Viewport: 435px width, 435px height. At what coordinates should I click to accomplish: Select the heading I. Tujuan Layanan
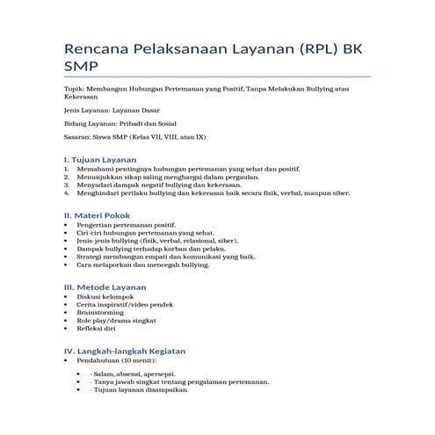click(100, 160)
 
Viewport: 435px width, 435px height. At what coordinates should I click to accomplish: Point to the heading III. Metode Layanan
click(105, 286)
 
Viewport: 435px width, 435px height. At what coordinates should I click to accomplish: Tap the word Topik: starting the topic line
click(77, 90)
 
